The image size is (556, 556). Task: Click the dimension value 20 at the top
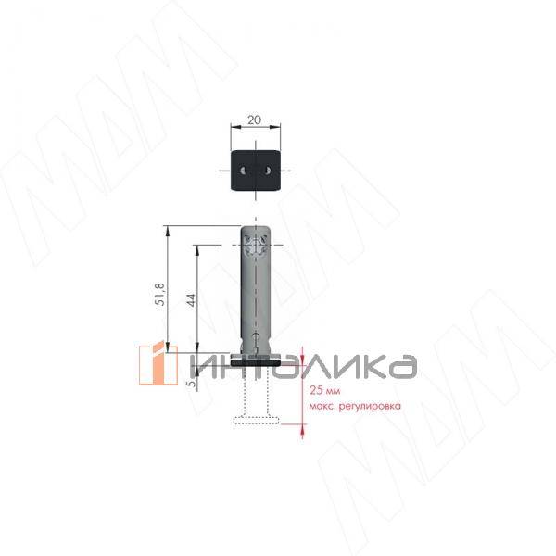pos(254,120)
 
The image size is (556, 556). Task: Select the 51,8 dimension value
pos(160,295)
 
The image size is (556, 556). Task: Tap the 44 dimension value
pos(191,300)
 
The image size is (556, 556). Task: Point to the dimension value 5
pos(192,384)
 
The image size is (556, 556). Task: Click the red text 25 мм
pos(325,391)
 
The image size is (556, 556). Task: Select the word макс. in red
pos(322,406)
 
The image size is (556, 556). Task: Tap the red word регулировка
pos(370,406)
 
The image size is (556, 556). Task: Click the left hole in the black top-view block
pos(243,171)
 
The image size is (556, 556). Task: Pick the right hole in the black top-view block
pos(268,171)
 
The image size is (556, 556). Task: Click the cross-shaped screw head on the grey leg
pos(256,245)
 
